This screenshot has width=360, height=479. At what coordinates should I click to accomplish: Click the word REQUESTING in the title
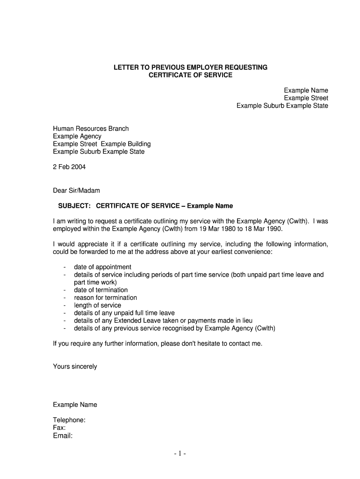241,67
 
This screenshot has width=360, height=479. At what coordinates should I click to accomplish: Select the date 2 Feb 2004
69,167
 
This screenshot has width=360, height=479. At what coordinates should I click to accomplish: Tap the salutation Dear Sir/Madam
76,190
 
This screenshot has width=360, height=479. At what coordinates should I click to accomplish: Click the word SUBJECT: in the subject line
74,206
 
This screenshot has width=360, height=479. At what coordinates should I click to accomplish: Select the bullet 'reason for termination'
105,298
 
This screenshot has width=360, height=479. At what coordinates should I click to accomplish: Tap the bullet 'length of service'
97,305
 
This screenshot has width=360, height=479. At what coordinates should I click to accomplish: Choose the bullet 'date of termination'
101,290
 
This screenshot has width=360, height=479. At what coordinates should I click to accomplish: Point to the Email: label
63,436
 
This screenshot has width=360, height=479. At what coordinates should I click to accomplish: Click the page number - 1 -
180,454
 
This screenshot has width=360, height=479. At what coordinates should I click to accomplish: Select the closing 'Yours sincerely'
75,367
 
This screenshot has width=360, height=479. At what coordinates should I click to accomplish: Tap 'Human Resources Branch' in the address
91,129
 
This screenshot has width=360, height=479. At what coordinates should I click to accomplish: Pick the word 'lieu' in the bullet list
247,320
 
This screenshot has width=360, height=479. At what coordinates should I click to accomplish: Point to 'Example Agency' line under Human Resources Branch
77,136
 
